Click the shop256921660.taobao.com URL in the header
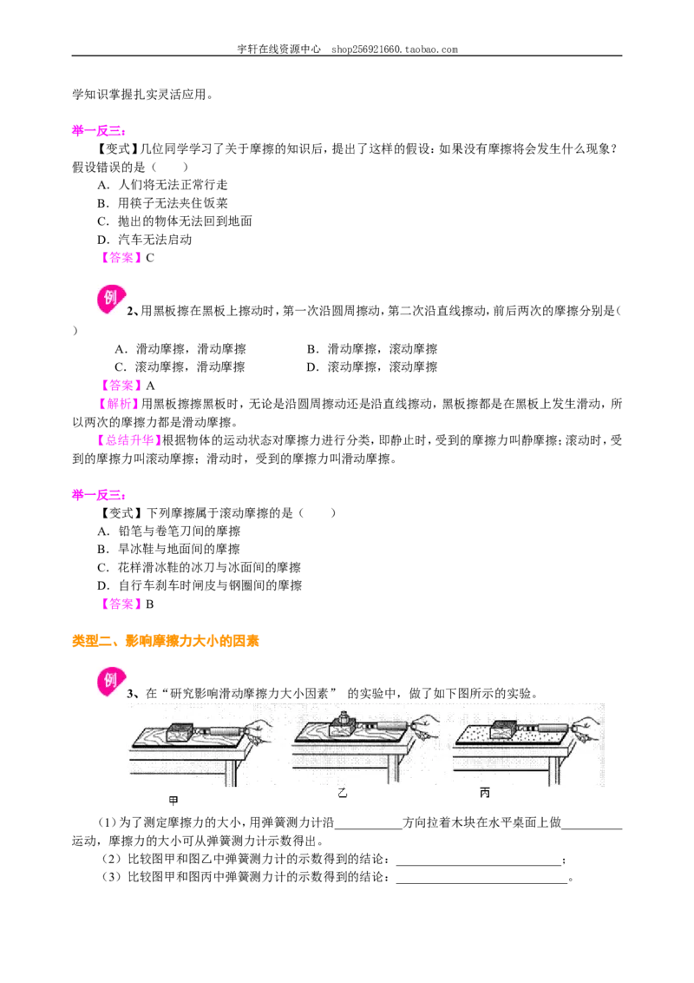[x=395, y=49]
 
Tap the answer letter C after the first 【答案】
[x=150, y=258]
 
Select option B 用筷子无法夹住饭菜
[x=163, y=203]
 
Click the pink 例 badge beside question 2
[x=112, y=300]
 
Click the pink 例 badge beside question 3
[x=112, y=682]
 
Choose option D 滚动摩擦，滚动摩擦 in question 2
[x=372, y=366]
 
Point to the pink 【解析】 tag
[x=119, y=404]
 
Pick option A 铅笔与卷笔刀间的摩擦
[x=169, y=531]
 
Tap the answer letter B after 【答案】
[x=150, y=604]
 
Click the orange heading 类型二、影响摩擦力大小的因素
[x=166, y=641]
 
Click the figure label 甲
[x=173, y=800]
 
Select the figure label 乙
[x=342, y=793]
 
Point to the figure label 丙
[x=484, y=793]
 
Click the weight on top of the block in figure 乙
[x=344, y=718]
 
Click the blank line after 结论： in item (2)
[x=479, y=865]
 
